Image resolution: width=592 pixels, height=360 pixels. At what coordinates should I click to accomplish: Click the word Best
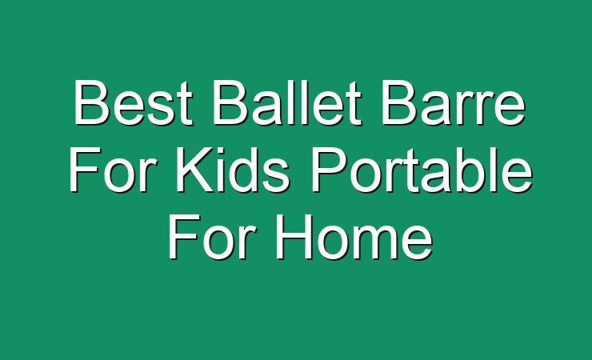[x=134, y=102]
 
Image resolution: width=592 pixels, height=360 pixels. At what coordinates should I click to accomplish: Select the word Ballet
[x=287, y=102]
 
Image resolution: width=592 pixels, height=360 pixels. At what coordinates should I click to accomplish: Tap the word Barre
[x=453, y=102]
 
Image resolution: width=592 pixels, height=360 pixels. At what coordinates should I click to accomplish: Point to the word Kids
[x=233, y=170]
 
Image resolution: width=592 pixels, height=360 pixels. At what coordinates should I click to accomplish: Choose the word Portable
[x=421, y=170]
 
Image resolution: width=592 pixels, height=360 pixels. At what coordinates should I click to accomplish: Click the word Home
[x=354, y=237]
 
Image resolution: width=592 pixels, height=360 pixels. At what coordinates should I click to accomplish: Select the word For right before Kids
[x=112, y=170]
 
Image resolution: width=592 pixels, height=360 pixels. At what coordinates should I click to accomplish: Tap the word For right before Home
[x=211, y=237]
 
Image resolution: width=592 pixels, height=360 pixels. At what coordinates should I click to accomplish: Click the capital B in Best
[x=93, y=102]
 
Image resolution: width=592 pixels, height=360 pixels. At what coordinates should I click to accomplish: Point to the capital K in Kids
[x=196, y=170]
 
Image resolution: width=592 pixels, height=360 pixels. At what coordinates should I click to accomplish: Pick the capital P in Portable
[x=330, y=170]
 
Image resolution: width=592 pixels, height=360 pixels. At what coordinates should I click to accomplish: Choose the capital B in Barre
[x=400, y=102]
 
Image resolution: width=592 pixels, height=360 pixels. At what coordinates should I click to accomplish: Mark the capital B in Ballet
[x=232, y=102]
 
